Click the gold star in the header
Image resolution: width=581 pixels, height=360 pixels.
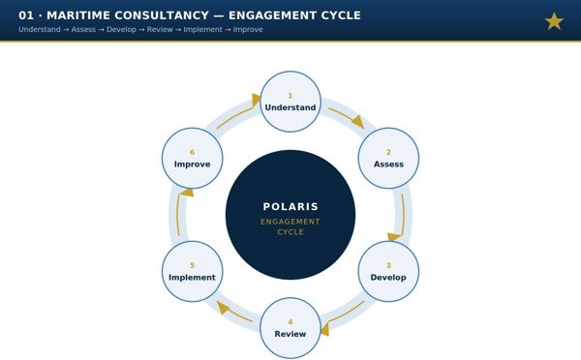pos(554,20)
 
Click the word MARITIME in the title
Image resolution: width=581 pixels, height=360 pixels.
pos(78,15)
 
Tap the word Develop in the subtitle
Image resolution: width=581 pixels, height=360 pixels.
pos(121,30)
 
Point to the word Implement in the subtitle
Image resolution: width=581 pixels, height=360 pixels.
pos(202,30)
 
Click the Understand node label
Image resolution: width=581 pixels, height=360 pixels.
pos(290,107)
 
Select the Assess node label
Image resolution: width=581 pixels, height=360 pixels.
pos(388,165)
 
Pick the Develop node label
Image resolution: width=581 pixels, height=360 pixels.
pos(388,278)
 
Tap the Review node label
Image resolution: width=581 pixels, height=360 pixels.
pos(290,334)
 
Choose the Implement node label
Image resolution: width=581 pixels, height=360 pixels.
pos(192,278)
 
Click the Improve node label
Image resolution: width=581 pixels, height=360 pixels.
pos(192,165)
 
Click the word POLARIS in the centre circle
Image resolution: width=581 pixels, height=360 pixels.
pos(290,207)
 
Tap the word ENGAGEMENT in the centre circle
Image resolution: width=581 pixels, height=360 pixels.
pos(290,222)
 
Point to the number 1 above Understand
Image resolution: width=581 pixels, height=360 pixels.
pos(290,96)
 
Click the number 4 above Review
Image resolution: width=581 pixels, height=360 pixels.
pos(290,322)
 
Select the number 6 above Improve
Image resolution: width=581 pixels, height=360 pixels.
pos(192,152)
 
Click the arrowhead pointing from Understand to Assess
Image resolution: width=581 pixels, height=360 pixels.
pos(358,122)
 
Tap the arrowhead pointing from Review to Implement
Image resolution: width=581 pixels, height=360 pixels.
pos(222,307)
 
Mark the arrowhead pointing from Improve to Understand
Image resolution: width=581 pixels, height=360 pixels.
pos(256,100)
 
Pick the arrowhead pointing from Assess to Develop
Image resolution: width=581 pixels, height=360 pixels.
pos(394,237)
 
